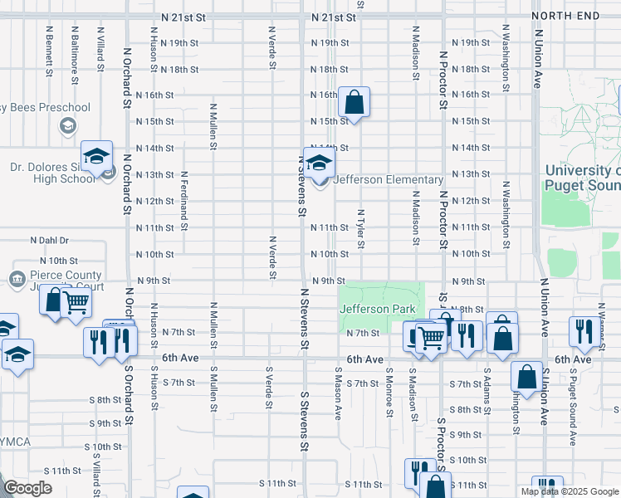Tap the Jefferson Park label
tap(376, 309)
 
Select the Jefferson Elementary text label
tap(389, 180)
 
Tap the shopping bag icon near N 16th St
tap(354, 104)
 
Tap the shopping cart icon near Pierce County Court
tap(76, 304)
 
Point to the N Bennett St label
tap(50, 51)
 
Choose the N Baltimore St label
tap(75, 55)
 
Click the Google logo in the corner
tap(29, 488)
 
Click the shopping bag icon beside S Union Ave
tap(526, 377)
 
